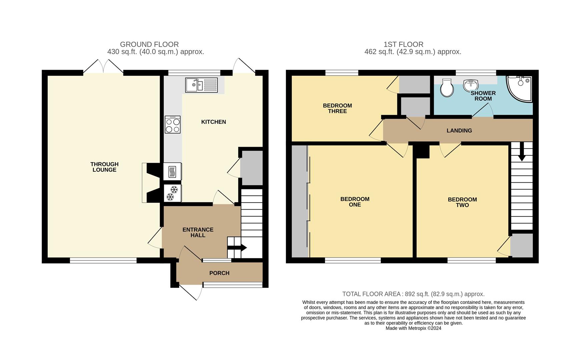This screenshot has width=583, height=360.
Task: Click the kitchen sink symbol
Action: tap(201, 85)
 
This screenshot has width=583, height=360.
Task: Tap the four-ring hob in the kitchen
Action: tap(172, 125)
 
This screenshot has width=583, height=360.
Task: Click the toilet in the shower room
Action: tap(447, 88)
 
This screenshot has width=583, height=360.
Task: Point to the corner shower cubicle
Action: tap(519, 88)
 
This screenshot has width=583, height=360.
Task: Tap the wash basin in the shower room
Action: tap(471, 85)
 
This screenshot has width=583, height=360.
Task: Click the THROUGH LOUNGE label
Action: tap(104, 167)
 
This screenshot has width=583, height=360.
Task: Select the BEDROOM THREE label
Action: tap(337, 108)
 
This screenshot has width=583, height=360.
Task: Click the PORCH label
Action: tap(219, 273)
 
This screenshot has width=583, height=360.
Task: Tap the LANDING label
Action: tap(459, 131)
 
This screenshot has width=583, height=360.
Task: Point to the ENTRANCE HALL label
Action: tap(198, 232)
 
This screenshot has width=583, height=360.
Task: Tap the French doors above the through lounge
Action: tap(103, 66)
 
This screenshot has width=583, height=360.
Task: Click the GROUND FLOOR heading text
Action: tap(149, 44)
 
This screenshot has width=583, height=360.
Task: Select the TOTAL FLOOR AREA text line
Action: tap(413, 294)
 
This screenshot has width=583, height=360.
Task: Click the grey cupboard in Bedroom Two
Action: tap(521, 246)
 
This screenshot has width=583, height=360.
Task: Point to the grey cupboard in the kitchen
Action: tap(251, 168)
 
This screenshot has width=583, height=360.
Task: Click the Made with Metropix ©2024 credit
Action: tap(413, 328)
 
